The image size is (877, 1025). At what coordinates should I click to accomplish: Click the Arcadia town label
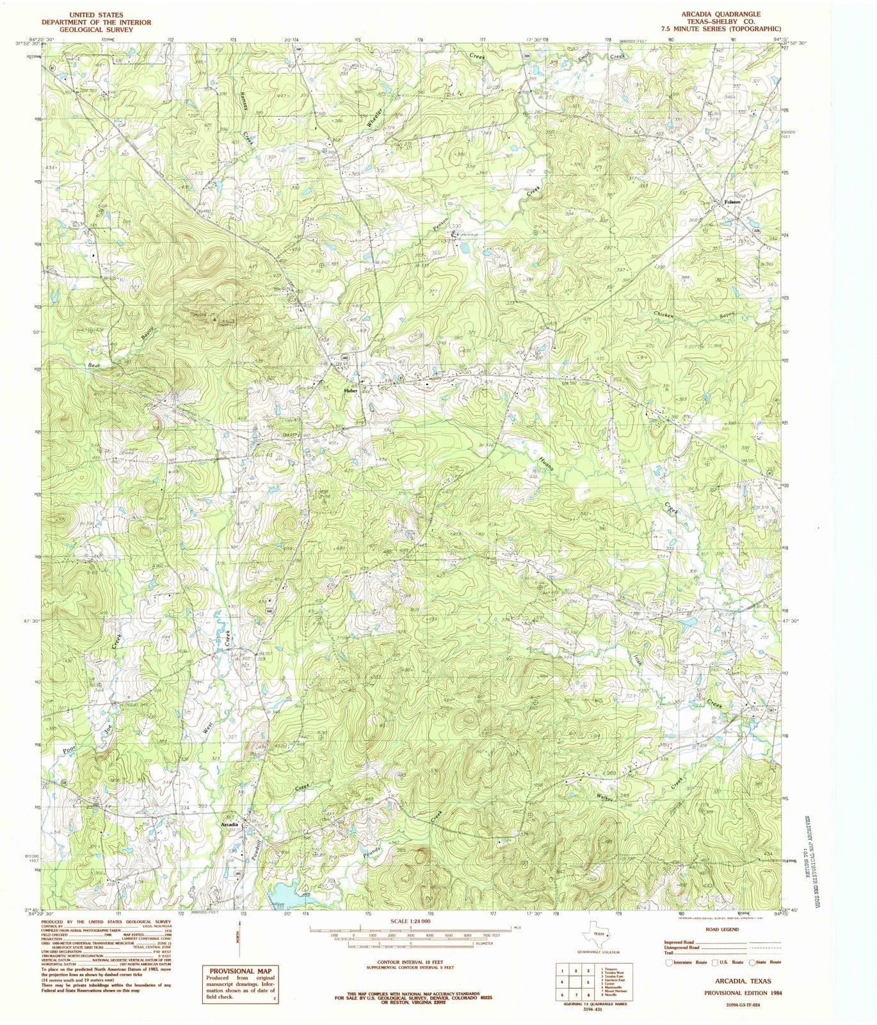pyautogui.click(x=229, y=824)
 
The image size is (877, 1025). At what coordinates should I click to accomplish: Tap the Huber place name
pyautogui.click(x=350, y=389)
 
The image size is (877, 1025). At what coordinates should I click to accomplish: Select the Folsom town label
pyautogui.click(x=732, y=202)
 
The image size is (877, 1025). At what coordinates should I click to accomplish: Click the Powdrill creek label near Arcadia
pyautogui.click(x=259, y=852)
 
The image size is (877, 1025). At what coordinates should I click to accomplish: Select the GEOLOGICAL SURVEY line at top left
pyautogui.click(x=87, y=29)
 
